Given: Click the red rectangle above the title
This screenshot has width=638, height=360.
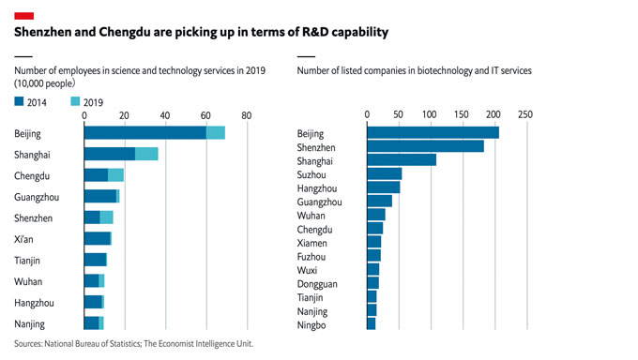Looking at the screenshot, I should click(25, 15).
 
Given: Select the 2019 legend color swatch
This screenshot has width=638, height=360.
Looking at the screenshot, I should click(75, 101).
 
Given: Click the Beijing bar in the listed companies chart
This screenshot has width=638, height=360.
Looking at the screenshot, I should click(433, 133).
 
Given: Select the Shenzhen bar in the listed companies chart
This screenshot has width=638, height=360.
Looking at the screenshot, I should click(425, 146).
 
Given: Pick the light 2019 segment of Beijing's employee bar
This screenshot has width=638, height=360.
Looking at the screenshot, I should click(215, 133).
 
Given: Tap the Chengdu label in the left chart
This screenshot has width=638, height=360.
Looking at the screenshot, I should click(32, 175).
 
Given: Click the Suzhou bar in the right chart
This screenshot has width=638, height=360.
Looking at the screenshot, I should click(384, 173).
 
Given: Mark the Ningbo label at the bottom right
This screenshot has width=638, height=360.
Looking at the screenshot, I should click(312, 324).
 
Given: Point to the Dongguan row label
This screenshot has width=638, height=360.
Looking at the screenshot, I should click(318, 283).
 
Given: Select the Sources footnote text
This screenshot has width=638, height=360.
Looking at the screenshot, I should click(133, 344).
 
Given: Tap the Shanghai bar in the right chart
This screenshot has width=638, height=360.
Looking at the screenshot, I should click(402, 159).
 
